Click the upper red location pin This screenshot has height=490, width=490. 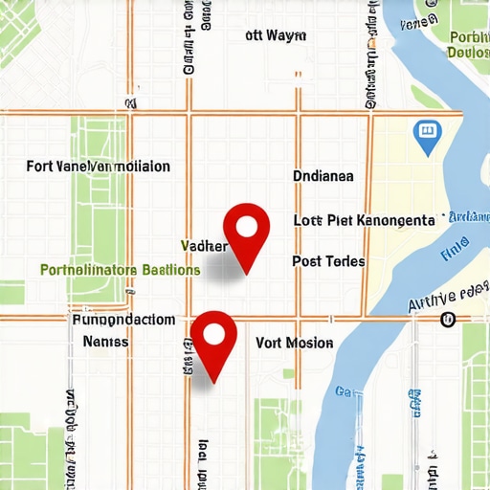click(x=247, y=229)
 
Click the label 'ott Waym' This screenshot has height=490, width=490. click(x=276, y=36)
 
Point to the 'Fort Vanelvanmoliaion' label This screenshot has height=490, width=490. click(x=99, y=167)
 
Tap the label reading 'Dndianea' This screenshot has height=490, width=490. click(x=323, y=176)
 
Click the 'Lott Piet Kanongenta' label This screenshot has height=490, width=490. click(x=364, y=220)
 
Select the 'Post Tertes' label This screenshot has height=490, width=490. click(x=328, y=261)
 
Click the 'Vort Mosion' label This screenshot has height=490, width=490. click(x=295, y=343)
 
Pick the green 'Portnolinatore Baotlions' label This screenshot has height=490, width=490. click(x=121, y=270)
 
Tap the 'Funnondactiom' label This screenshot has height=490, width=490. click(x=123, y=320)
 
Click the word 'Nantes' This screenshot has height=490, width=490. click(x=106, y=341)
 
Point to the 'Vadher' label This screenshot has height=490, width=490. click(x=204, y=247)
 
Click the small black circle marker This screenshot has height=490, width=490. click(x=447, y=319)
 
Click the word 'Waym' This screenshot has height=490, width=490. click(x=287, y=36)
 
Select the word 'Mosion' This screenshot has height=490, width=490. click(x=309, y=343)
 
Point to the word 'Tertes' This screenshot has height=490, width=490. click(x=345, y=261)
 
